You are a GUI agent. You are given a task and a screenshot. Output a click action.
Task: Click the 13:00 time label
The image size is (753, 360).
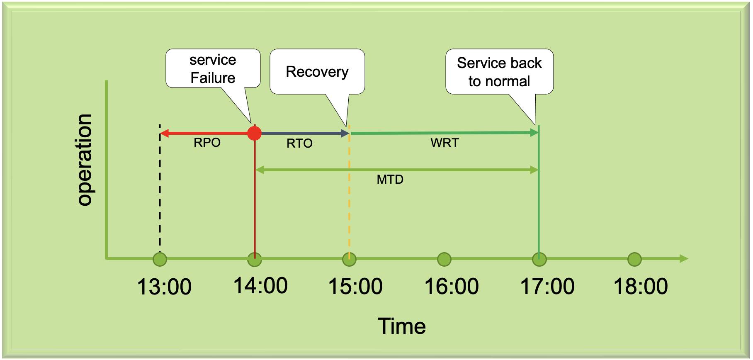(164, 287)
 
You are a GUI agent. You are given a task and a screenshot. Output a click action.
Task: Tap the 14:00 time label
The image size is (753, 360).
(260, 286)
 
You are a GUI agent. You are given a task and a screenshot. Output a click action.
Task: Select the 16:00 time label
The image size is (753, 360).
(452, 287)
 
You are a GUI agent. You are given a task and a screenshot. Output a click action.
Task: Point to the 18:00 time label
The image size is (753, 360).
(641, 287)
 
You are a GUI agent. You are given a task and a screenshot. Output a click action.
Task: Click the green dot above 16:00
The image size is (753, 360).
(444, 260)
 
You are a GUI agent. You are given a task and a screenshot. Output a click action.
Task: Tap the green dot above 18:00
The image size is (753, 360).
(634, 260)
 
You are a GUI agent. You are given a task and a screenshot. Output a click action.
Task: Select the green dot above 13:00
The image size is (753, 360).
(160, 260)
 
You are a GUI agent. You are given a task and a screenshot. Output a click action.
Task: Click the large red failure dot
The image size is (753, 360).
(254, 133)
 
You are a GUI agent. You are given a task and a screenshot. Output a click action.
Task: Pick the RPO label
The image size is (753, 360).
(207, 143)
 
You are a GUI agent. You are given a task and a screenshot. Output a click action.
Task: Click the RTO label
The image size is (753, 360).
(299, 144)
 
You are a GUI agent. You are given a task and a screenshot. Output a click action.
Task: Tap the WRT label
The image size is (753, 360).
(445, 143)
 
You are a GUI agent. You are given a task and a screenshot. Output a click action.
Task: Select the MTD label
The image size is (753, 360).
(390, 180)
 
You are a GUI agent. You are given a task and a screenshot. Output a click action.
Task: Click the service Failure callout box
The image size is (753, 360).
(213, 69)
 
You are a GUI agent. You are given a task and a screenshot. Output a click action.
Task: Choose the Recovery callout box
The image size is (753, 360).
(317, 72)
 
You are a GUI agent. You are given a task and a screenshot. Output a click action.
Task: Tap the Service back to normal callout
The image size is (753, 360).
(499, 72)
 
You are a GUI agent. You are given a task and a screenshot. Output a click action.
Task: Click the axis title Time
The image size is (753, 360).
(401, 326)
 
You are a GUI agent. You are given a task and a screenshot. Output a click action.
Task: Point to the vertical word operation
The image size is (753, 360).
(84, 160)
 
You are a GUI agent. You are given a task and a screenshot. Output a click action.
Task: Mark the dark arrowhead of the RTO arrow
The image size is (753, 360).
(345, 133)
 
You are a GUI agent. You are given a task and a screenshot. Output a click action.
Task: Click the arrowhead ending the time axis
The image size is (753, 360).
(684, 259)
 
